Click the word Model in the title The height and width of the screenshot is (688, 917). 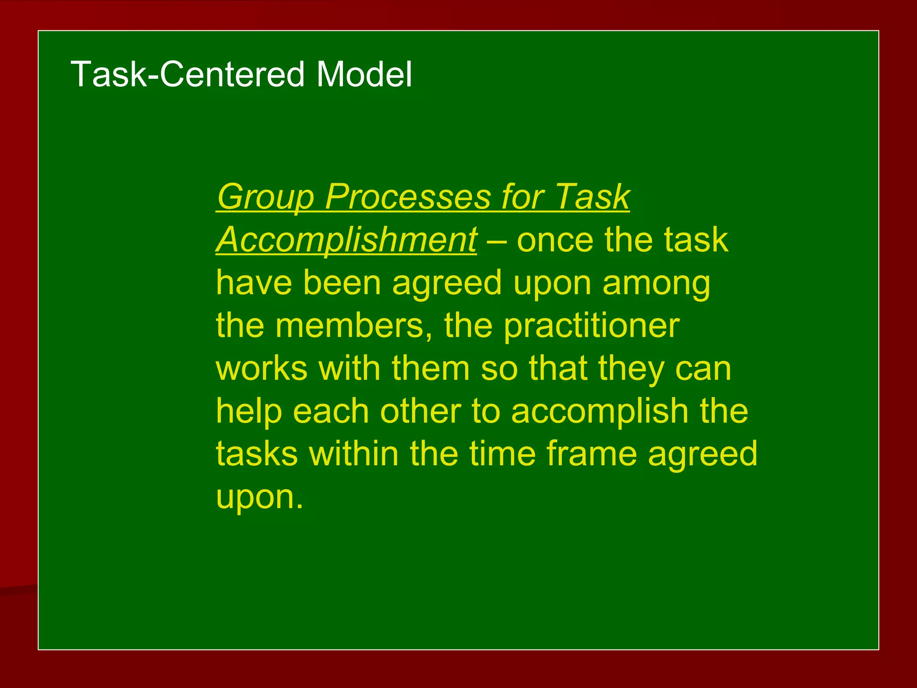click(364, 74)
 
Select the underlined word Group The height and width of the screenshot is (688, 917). click(266, 197)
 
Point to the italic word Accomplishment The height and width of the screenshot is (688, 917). click(347, 240)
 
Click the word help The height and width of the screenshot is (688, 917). click(249, 412)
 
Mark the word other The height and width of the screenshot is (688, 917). click(420, 411)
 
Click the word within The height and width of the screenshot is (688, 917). click(353, 454)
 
